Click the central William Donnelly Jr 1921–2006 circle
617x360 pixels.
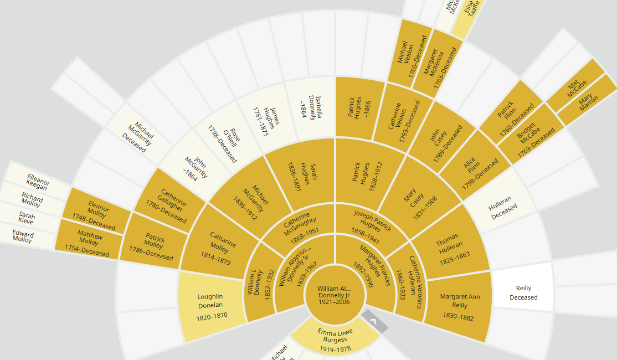[x=334, y=295]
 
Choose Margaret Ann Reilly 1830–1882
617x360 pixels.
[x=459, y=306]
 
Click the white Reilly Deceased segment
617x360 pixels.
[x=523, y=292]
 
